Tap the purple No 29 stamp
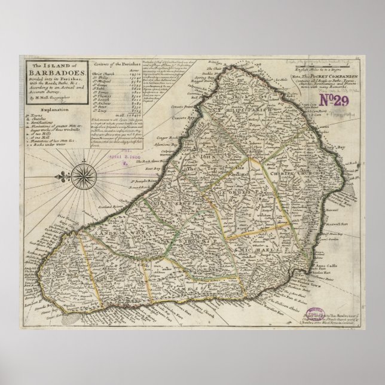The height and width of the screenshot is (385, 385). coord(338,96)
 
